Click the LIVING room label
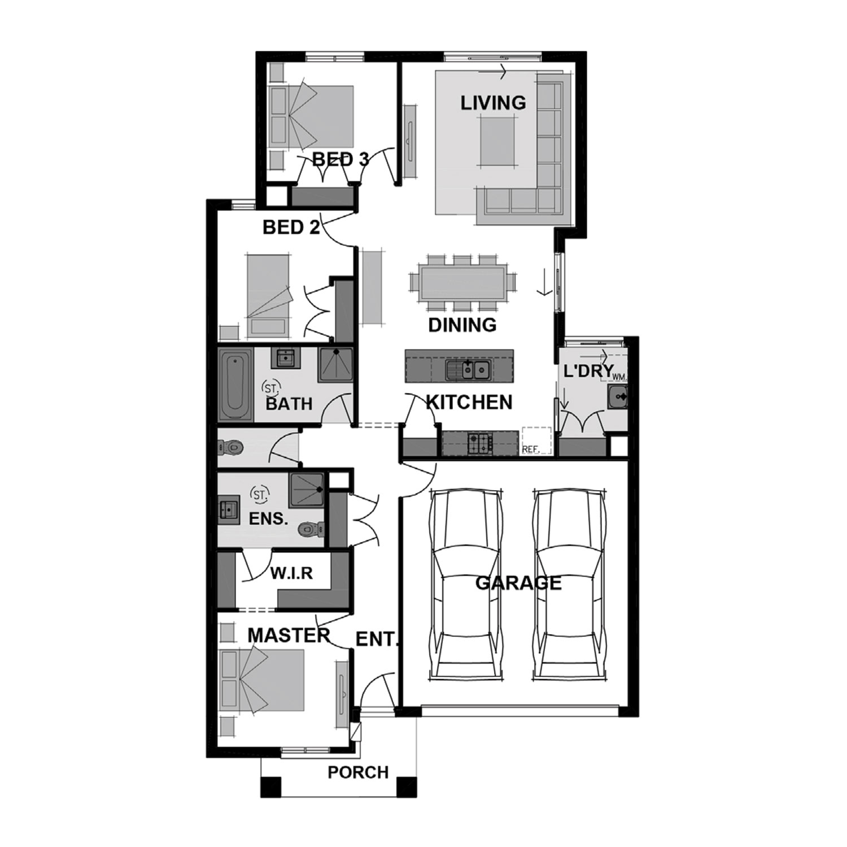pyautogui.click(x=493, y=103)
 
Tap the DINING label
pyautogui.click(x=462, y=325)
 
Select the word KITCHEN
pyautogui.click(x=469, y=402)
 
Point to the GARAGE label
pyautogui.click(x=518, y=583)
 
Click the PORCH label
pyautogui.click(x=358, y=772)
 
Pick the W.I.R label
pyautogui.click(x=291, y=573)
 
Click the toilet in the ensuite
pyautogui.click(x=310, y=529)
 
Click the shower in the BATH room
pyautogui.click(x=335, y=364)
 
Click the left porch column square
pyautogui.click(x=270, y=787)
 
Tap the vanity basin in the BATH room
pyautogui.click(x=286, y=357)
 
